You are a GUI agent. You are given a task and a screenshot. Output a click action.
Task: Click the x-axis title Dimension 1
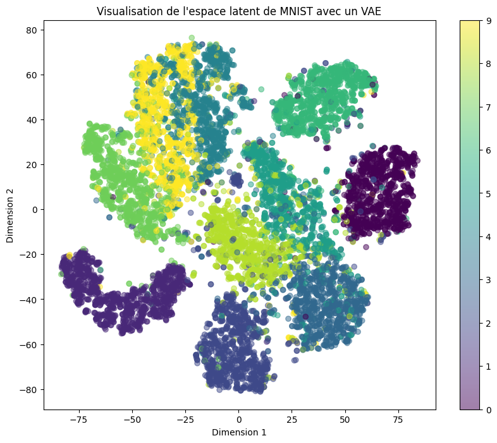[x=239, y=432]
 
